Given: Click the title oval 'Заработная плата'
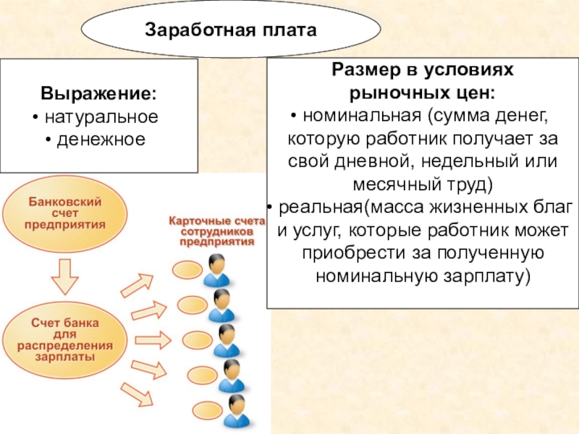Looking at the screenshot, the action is (x=231, y=31).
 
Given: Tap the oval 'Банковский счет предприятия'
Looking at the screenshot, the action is (x=65, y=212).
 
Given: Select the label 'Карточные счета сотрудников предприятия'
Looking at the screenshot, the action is (x=211, y=231).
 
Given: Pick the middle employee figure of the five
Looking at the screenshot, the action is (x=227, y=340).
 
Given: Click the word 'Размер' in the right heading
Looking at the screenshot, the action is (x=364, y=71).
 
